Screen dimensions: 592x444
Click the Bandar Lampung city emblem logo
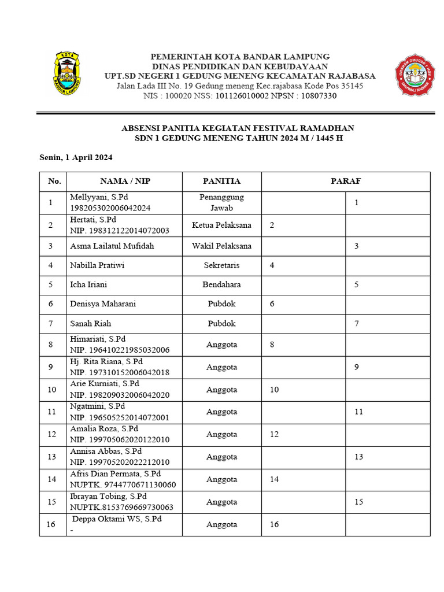click(67, 73)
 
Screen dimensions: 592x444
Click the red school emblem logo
click(415, 75)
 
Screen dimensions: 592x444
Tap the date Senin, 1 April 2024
click(76, 157)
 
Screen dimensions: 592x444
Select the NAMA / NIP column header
click(125, 181)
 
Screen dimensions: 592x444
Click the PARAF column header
click(346, 181)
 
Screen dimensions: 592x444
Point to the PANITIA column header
click(221, 181)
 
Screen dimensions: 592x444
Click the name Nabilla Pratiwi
click(97, 265)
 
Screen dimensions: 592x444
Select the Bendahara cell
click(221, 284)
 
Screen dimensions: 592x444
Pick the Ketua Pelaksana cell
click(221, 225)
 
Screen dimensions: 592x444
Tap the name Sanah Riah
click(90, 323)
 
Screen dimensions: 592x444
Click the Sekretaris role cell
click(221, 265)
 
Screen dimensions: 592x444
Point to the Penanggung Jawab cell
click(221, 202)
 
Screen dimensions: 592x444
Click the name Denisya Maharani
click(103, 304)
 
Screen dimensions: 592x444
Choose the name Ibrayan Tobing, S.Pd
click(108, 497)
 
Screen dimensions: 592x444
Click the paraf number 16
click(274, 524)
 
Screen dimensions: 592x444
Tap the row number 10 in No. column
click(52, 390)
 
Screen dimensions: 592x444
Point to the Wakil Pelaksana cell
click(221, 246)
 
